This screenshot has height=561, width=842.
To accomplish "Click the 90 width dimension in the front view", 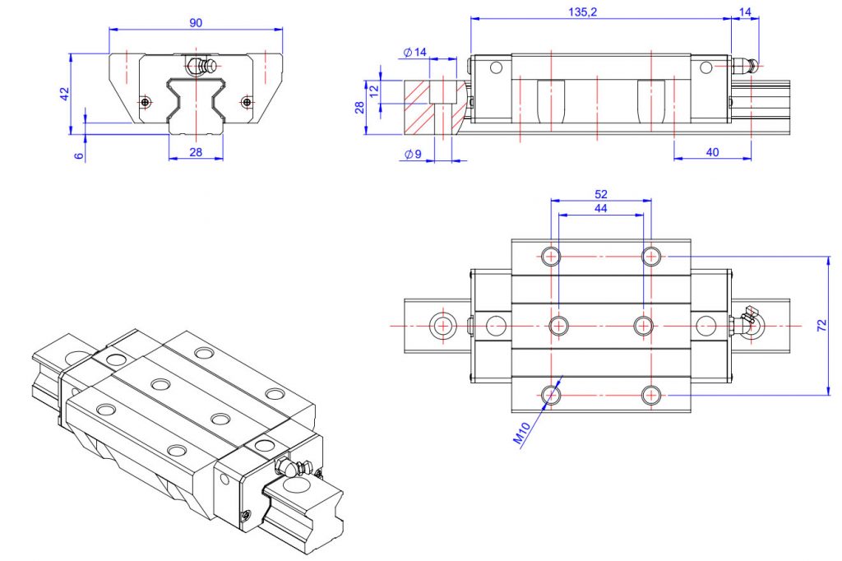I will click(x=196, y=23).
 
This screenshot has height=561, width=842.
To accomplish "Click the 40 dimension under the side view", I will click(x=712, y=152).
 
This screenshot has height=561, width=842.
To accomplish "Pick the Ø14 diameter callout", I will click(x=416, y=53).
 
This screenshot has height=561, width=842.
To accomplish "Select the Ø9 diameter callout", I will click(x=413, y=154).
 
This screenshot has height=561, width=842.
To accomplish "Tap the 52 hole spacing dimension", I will click(x=600, y=194).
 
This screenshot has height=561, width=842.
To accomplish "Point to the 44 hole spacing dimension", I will click(x=600, y=210).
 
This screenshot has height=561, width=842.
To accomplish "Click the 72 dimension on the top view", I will click(x=821, y=326).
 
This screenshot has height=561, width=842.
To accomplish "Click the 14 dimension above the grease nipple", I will click(x=745, y=12).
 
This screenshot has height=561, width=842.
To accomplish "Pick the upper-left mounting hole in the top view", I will click(x=551, y=256).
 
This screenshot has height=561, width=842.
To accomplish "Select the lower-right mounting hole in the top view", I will click(x=652, y=396).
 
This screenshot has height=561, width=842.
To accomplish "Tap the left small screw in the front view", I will click(x=145, y=101).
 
